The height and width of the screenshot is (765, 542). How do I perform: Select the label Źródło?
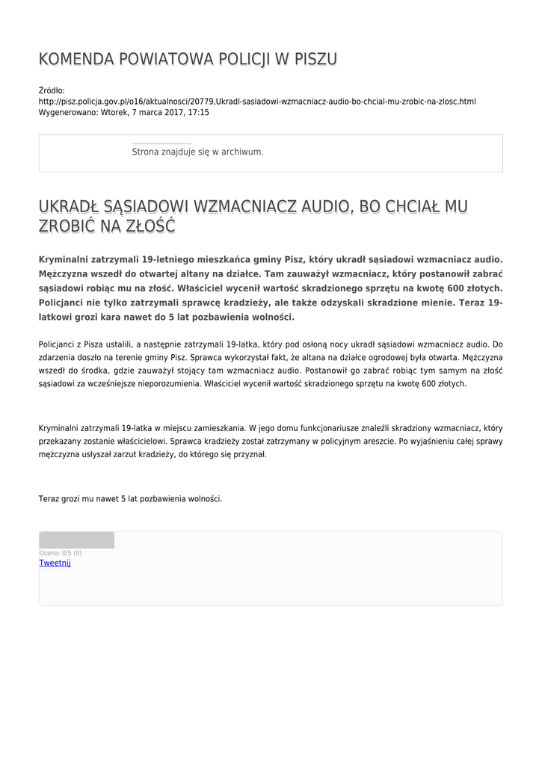(x=52, y=90)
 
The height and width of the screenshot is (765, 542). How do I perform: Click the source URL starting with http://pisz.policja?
(x=257, y=102)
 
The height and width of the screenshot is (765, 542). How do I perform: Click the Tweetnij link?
(x=55, y=563)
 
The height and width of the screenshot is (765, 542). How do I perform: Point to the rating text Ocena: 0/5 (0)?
(x=61, y=553)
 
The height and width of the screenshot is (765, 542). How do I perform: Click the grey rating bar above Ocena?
(x=76, y=540)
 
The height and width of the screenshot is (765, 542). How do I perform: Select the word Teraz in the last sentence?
(x=49, y=498)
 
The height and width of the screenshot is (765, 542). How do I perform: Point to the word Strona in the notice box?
(x=144, y=152)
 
